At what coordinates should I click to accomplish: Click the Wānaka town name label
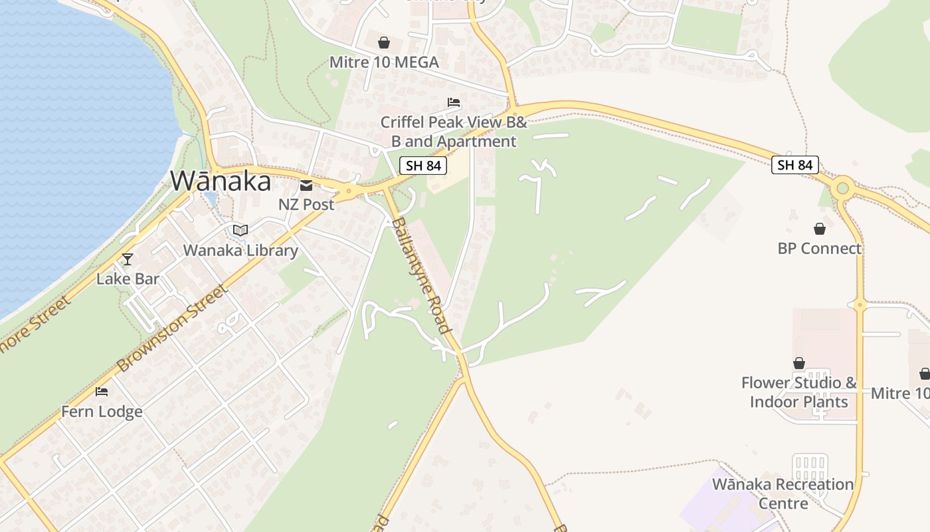coord(221,181)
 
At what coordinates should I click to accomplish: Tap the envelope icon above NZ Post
coord(306,186)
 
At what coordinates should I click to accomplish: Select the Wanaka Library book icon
coord(240,230)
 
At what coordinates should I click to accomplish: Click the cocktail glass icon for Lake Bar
coord(128,259)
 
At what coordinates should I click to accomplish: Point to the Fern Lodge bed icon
coord(102,392)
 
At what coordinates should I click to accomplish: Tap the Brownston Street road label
coord(172,329)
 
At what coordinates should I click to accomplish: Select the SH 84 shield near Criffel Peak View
coord(423,166)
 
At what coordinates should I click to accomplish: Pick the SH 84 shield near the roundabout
coord(794,165)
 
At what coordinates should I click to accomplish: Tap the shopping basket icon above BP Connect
coord(820,229)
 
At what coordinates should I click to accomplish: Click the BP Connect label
coord(820,249)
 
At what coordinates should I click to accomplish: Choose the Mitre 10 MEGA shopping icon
coord(384,43)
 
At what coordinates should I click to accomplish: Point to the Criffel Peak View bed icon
coord(454,102)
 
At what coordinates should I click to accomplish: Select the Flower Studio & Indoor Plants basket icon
coord(799,363)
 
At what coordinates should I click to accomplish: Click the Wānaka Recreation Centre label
coord(783,493)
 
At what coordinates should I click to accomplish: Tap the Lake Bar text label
coord(128,279)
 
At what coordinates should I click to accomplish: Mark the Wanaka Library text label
coord(240,251)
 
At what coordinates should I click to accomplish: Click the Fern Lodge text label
coord(102,412)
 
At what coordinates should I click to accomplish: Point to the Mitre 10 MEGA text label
coord(384,63)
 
